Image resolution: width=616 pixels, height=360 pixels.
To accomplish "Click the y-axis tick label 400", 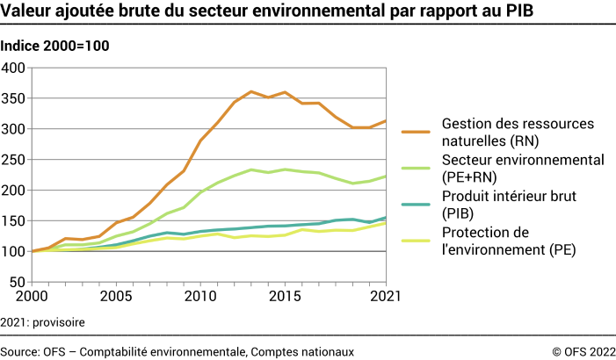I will tap(14, 68).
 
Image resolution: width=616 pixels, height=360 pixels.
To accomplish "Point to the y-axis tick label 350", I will tap(14, 98).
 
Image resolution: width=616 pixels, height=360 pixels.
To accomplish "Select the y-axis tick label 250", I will tap(14, 160).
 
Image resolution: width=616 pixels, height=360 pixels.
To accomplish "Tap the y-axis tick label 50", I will tap(18, 283).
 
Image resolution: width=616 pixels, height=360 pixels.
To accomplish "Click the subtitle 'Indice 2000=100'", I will tap(55, 46).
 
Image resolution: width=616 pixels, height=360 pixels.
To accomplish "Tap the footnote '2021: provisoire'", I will tap(43, 322).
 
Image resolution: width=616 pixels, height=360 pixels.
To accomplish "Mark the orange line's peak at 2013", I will tap(251, 91).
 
